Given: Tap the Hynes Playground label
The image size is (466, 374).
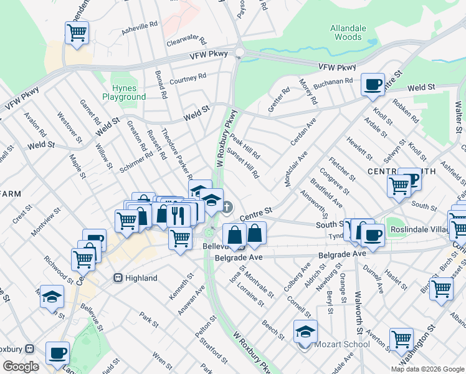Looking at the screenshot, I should (x=124, y=92).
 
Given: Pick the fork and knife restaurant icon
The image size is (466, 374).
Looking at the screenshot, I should (x=178, y=214).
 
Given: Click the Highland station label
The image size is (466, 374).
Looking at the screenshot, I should (x=140, y=277).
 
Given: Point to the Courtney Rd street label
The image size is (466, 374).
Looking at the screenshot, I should (x=188, y=79).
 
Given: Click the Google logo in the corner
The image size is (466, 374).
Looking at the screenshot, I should (x=21, y=367).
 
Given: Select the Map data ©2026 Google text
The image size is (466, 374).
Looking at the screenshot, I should (x=427, y=368).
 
